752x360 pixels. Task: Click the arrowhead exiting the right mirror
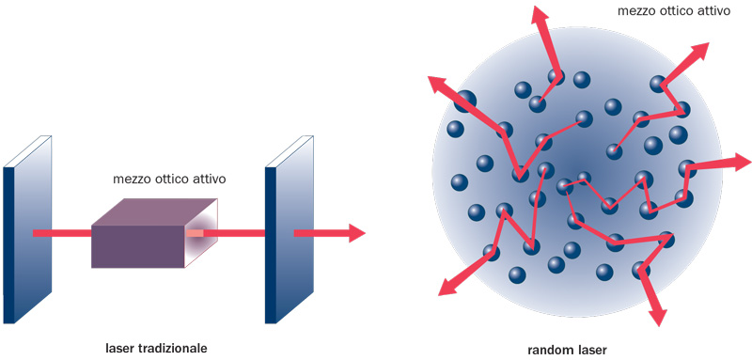tap(354, 232)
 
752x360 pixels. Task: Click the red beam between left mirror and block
tap(62, 232)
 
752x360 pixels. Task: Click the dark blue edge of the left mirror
tap(8, 244)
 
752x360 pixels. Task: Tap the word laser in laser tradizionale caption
tap(120, 348)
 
